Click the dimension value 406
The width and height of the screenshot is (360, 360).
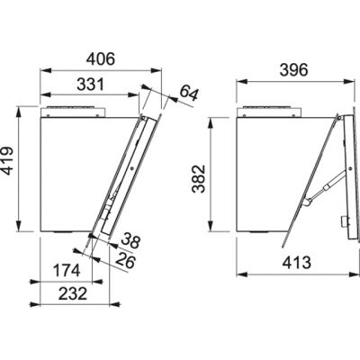pyautogui.click(x=101, y=59)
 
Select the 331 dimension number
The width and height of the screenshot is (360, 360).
pyautogui.click(x=90, y=85)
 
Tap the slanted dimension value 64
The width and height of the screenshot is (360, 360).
pyautogui.click(x=189, y=93)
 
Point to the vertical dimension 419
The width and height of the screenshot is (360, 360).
pyautogui.click(x=7, y=160)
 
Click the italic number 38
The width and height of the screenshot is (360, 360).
pyautogui.click(x=130, y=241)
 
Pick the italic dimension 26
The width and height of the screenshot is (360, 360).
pyautogui.click(x=126, y=261)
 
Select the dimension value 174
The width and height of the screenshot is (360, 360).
pyautogui.click(x=67, y=270)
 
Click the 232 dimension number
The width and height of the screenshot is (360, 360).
pyautogui.click(x=73, y=293)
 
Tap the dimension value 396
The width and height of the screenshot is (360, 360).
pyautogui.click(x=293, y=70)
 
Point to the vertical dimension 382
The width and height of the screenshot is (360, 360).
pyautogui.click(x=199, y=179)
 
